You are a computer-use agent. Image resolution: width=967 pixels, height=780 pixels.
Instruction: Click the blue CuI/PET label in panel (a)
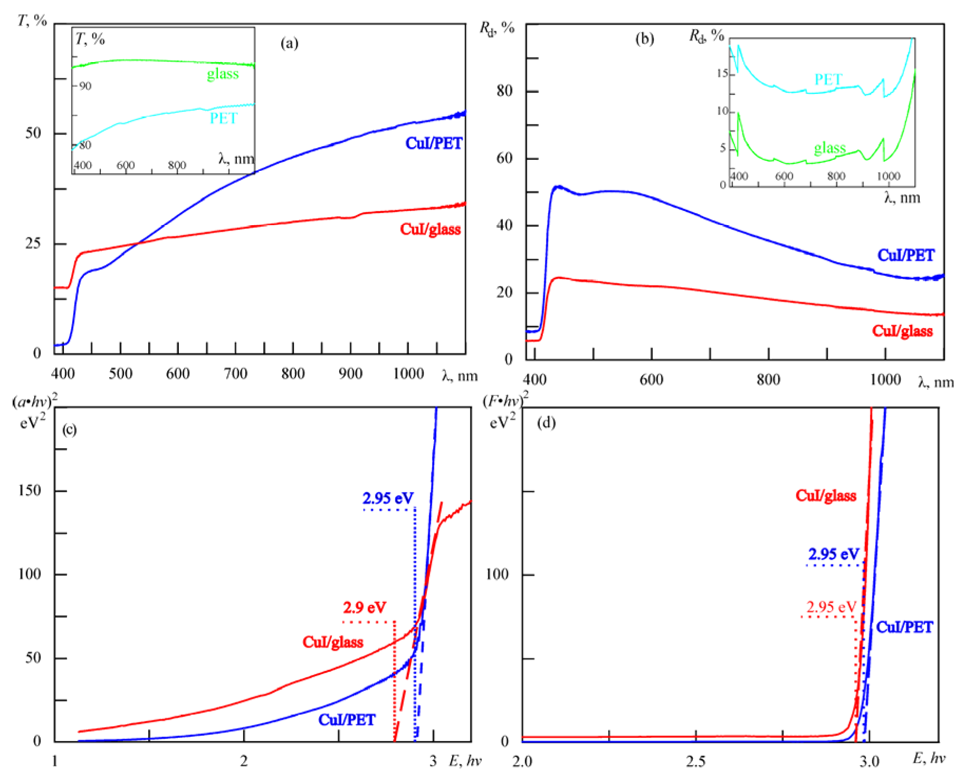(434, 143)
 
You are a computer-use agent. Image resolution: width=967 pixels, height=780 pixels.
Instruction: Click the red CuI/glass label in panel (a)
(430, 229)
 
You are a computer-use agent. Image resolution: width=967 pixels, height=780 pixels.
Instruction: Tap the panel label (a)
(289, 43)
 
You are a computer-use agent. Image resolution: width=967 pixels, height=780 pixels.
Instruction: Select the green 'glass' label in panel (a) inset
(223, 74)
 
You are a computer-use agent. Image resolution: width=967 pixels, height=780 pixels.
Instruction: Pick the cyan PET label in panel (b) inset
(828, 80)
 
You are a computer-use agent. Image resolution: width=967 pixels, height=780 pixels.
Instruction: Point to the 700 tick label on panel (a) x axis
(235, 374)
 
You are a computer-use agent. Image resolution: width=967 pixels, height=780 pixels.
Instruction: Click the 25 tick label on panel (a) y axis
(33, 243)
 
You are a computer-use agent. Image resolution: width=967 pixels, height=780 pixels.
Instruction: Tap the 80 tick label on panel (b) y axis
(504, 91)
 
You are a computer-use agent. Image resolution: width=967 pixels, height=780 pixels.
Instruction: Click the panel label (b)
(644, 38)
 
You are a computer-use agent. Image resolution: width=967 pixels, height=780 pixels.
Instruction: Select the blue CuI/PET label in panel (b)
(905, 256)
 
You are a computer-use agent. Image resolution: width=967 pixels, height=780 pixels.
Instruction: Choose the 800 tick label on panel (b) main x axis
(768, 380)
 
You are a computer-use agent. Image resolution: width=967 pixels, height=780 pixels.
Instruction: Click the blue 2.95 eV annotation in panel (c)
(388, 498)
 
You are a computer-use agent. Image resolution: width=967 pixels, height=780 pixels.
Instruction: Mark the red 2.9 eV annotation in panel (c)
(365, 608)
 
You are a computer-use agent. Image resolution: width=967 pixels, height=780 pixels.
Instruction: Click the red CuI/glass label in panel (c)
(332, 642)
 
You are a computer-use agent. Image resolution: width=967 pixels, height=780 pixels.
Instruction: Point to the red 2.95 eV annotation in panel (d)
(831, 607)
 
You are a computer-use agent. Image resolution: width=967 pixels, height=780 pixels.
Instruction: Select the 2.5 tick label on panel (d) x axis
(695, 761)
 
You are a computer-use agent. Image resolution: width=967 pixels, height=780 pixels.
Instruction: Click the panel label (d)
(545, 423)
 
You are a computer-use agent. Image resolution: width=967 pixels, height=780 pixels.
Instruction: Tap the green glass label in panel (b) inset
(829, 148)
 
